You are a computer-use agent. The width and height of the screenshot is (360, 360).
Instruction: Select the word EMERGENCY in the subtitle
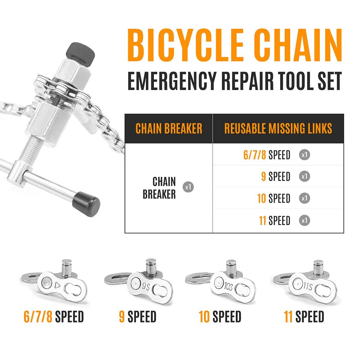172,82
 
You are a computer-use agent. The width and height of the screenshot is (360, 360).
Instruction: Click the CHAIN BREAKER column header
169,128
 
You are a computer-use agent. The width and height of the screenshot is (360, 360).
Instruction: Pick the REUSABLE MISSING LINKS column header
278,128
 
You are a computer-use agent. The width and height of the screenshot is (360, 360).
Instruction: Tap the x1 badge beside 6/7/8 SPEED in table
304,155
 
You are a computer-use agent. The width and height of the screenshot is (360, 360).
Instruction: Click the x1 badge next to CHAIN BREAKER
188,187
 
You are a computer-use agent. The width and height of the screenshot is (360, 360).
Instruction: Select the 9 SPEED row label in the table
276,176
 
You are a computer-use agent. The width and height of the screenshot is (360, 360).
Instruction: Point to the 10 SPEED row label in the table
274,198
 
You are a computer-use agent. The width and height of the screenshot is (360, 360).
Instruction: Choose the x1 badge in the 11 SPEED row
304,220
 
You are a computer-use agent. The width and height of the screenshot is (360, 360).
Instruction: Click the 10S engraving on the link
228,286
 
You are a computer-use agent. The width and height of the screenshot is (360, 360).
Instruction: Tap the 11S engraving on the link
308,286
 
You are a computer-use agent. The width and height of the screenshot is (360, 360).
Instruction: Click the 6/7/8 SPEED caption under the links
54,316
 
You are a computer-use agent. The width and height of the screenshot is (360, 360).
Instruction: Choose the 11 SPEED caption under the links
304,316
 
